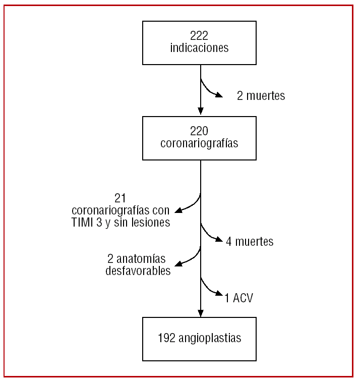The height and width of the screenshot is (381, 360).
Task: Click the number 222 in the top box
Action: tap(199, 36)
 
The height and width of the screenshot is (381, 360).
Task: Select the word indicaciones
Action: tap(199, 48)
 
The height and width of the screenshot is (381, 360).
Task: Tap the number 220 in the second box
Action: tap(199, 131)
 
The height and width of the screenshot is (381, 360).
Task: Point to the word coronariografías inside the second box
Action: tap(199, 143)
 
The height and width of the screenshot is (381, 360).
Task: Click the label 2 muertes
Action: tap(261, 96)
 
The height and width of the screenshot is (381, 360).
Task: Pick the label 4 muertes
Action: tap(250, 242)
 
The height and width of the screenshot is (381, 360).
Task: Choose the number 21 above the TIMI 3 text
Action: tap(121, 198)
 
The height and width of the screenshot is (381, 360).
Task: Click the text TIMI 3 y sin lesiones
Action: tap(121, 223)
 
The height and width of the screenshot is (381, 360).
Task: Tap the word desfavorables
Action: tap(138, 271)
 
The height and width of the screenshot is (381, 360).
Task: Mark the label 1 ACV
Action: tap(239, 298)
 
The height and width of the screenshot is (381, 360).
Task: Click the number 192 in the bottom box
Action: tap(167, 338)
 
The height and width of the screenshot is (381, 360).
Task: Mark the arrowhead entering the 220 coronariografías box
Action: tap(201, 112)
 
